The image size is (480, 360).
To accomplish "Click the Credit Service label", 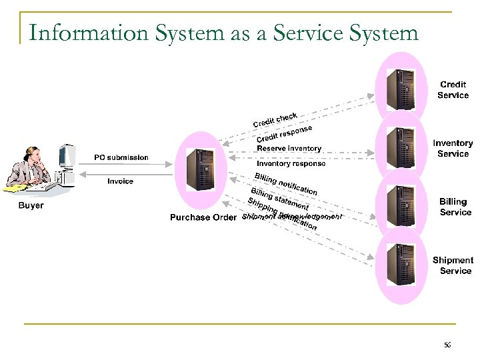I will [453, 90].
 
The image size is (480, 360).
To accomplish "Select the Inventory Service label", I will [453, 148].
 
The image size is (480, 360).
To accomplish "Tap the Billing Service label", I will [455, 207].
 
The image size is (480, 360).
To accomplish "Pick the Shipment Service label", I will [453, 265].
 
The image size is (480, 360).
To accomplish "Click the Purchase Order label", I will [203, 217].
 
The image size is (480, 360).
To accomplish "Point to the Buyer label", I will [31, 205].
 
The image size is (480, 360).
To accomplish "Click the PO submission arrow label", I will [121, 157].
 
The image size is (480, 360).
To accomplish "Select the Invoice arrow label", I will [121, 181].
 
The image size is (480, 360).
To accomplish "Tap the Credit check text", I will [275, 120].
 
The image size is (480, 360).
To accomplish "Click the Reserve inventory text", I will [289, 148].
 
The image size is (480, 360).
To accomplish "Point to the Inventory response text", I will [291, 163].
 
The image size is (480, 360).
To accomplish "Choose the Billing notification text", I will [285, 183].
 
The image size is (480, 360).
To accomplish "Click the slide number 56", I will [447, 345].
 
